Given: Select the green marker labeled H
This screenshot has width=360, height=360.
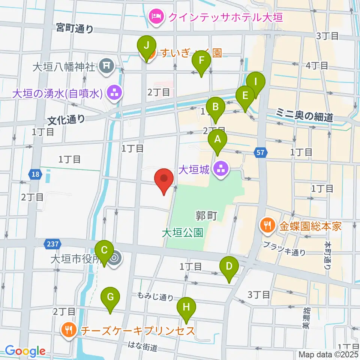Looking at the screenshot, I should point(186,307).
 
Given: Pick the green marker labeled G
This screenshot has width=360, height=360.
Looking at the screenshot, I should point(110,297).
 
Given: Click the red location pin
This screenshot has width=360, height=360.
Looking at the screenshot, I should point(164,178).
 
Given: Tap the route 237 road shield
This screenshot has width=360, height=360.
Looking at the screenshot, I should point(52,244).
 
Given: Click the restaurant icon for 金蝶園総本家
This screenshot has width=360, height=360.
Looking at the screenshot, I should point(267,226).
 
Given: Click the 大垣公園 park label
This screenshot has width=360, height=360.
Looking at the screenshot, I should point(183,233).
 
